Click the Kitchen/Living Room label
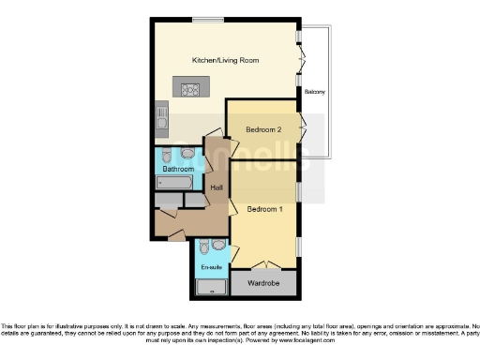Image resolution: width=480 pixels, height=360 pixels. click(225, 60)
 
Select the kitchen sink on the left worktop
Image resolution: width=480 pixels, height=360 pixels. click(161, 117)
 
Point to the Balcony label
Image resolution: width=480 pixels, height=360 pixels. click(315, 92)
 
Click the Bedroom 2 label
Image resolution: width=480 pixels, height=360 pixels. click(263, 128)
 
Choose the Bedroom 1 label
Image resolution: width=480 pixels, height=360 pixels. click(264, 208)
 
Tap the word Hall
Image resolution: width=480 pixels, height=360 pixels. click(217, 188)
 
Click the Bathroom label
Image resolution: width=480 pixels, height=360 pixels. click(177, 169)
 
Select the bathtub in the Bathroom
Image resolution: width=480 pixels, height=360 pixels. click(176, 181)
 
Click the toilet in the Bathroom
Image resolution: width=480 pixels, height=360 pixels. click(166, 154)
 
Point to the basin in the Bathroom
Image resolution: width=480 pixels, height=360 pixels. click(187, 153)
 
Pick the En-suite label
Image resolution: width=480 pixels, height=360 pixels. click(212, 267)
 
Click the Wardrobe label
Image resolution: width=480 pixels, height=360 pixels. click(263, 282)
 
